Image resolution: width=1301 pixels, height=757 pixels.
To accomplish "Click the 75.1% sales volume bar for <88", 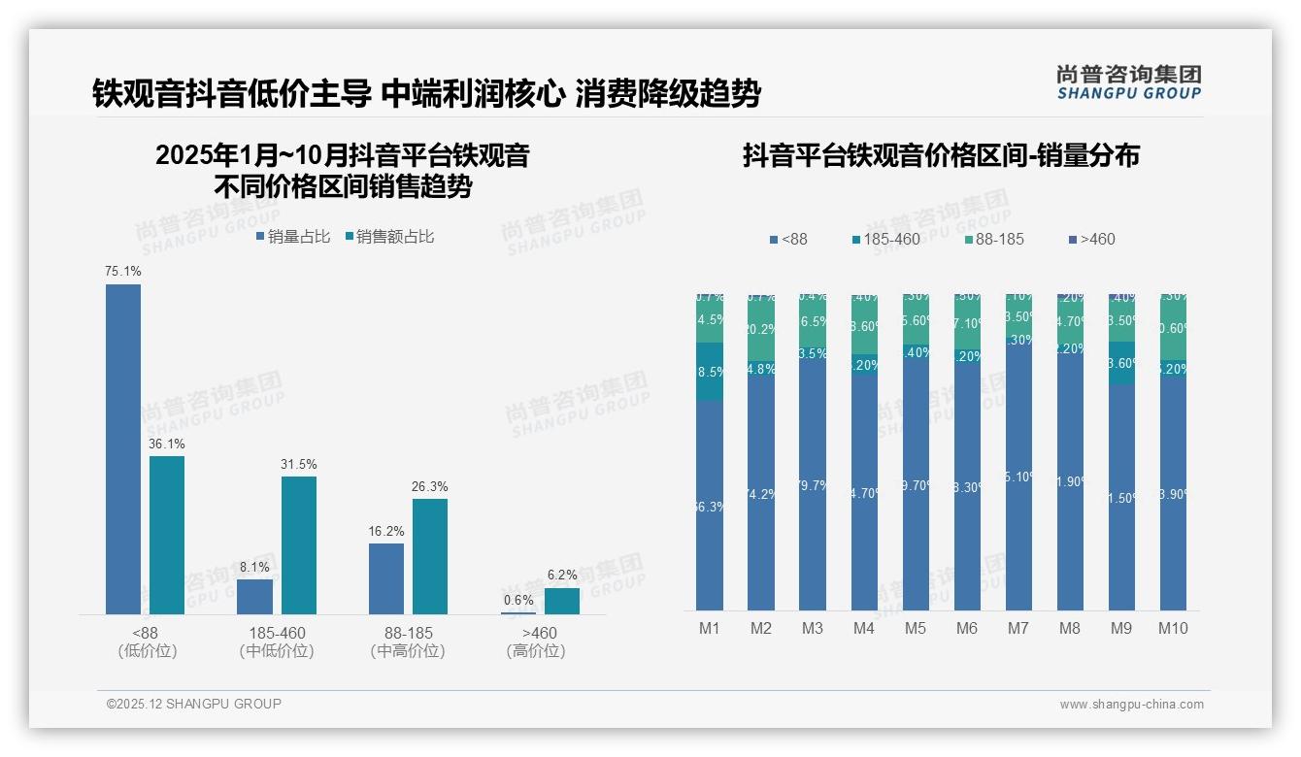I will click(x=123, y=448).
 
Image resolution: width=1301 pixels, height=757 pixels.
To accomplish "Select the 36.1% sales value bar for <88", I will click(x=167, y=535).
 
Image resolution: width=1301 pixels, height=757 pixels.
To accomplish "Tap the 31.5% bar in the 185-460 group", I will click(x=299, y=544).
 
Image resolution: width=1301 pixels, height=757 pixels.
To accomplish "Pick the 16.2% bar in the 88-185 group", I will click(x=386, y=578).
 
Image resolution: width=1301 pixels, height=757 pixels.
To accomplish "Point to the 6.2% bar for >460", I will click(x=562, y=601).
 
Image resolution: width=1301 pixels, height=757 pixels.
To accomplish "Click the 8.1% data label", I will click(x=255, y=567).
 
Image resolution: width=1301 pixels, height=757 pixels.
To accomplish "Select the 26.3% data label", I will click(x=430, y=486).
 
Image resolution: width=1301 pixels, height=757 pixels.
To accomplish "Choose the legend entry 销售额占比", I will click(x=389, y=236).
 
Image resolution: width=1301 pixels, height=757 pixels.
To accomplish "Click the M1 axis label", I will click(x=710, y=628).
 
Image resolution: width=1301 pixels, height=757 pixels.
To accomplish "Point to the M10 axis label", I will click(x=1173, y=628).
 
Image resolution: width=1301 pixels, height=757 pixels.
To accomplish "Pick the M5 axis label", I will click(x=916, y=628).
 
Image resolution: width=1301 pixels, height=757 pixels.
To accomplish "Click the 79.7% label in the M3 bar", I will click(x=813, y=485).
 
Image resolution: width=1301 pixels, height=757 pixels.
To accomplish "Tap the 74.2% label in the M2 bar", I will click(x=761, y=493).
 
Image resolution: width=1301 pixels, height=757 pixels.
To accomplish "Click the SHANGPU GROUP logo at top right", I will click(x=1128, y=82).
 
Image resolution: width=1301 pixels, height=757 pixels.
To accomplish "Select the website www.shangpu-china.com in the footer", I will click(x=1131, y=705).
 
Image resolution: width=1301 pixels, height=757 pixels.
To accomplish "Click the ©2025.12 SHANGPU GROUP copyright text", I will click(x=194, y=704).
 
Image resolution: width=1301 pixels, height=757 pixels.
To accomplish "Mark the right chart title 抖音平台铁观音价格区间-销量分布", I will click(x=941, y=155).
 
